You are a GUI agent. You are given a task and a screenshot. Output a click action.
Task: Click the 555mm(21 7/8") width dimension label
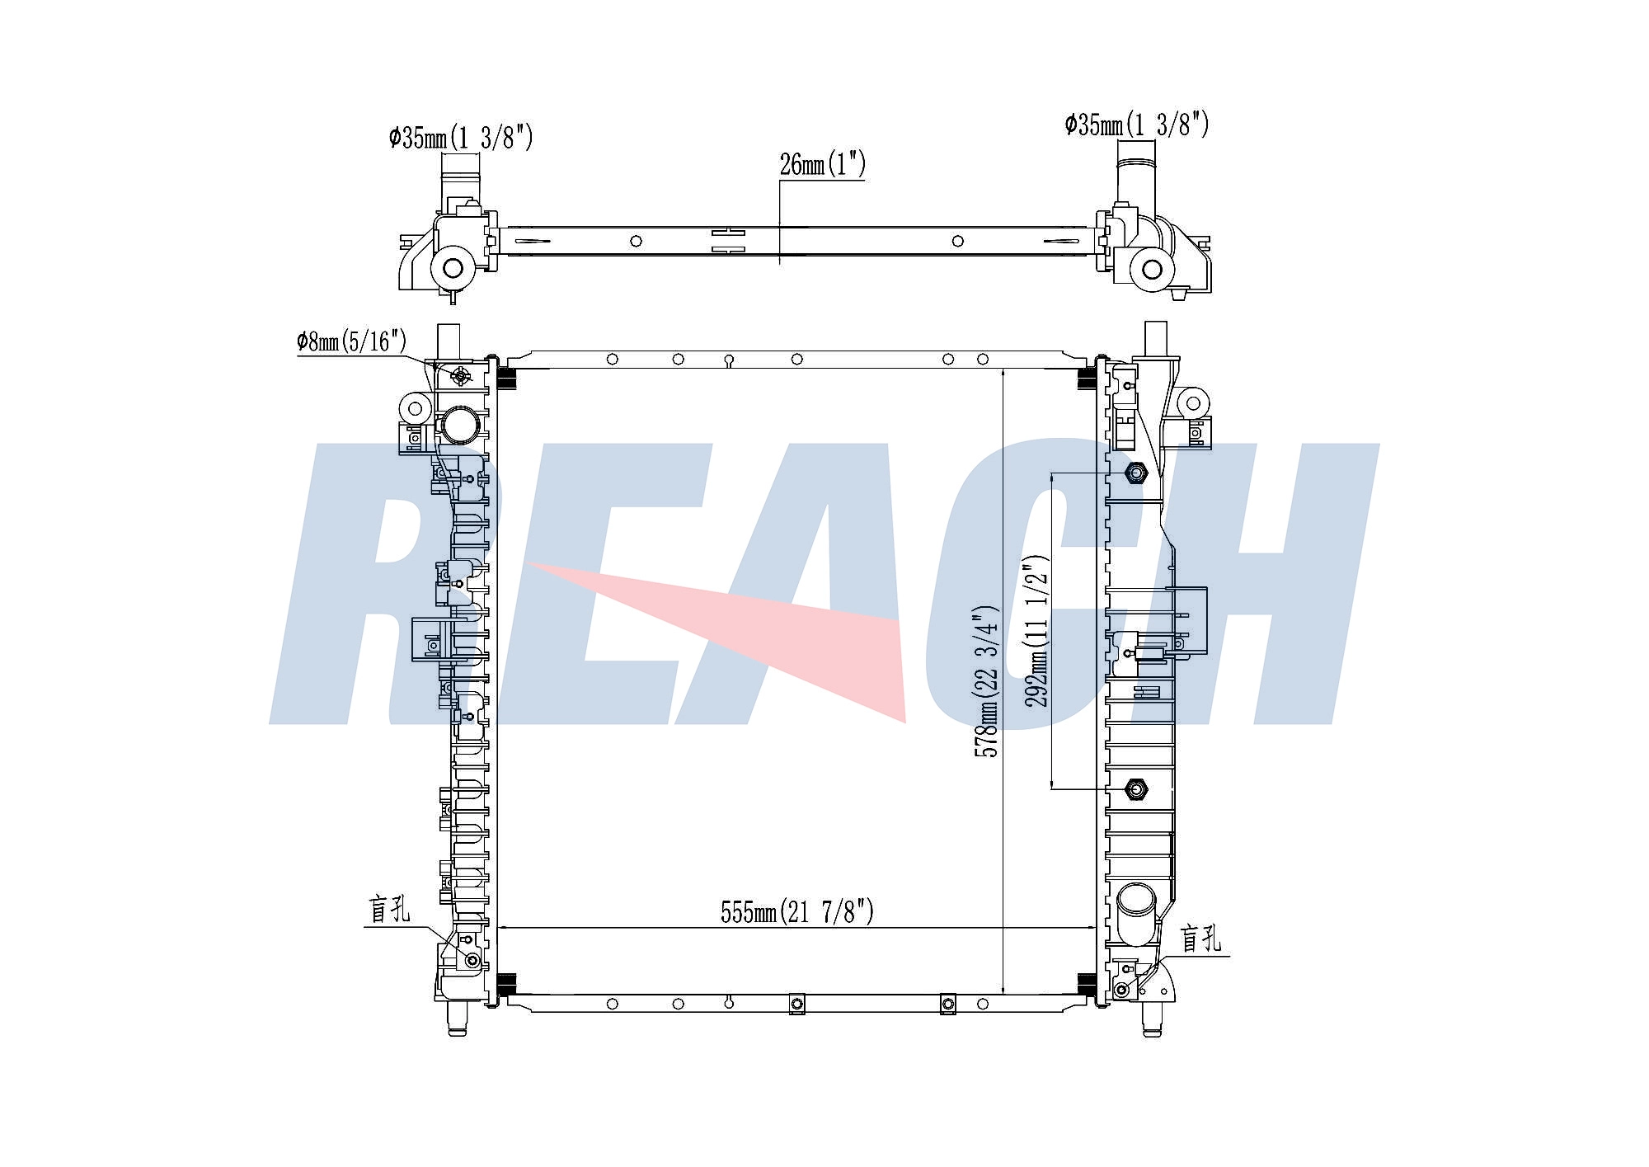(796, 912)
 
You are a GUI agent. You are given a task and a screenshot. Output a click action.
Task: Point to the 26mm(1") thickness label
(822, 164)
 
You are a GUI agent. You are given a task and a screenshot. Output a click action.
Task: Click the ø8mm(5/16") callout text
(352, 341)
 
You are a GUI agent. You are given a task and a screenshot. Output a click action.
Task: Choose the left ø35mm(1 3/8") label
(461, 137)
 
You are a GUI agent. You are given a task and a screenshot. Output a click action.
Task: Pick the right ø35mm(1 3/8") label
(1137, 125)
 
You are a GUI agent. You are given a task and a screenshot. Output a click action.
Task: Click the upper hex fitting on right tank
(1137, 473)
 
